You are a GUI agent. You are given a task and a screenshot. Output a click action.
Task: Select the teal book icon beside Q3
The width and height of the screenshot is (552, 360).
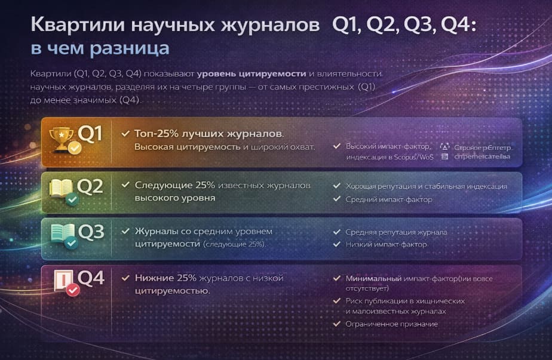tap(63, 233)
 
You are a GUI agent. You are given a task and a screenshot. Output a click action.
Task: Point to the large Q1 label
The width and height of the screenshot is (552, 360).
tap(91, 135)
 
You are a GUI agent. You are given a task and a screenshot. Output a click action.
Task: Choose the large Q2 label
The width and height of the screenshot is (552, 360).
tap(91, 186)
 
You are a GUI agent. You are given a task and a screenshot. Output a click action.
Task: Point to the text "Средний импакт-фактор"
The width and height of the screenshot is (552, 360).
tap(388, 199)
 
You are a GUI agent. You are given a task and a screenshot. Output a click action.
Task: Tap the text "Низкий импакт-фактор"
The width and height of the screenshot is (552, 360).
tap(386, 244)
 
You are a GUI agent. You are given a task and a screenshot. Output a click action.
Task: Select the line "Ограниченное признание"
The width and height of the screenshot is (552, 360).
tap(391, 324)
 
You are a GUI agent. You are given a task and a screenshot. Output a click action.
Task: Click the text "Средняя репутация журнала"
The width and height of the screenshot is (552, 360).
tap(396, 232)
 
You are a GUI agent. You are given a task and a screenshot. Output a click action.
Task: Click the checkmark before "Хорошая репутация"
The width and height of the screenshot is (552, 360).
tap(337, 186)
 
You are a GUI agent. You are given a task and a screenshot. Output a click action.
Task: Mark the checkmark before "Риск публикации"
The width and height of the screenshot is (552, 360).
tap(337, 301)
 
